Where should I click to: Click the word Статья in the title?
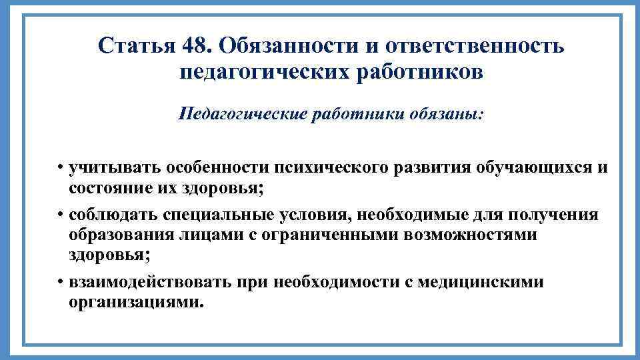(135, 46)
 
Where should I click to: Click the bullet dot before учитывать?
(60, 167)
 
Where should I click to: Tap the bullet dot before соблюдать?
(60, 215)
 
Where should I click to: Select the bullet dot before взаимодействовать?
(60, 282)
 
